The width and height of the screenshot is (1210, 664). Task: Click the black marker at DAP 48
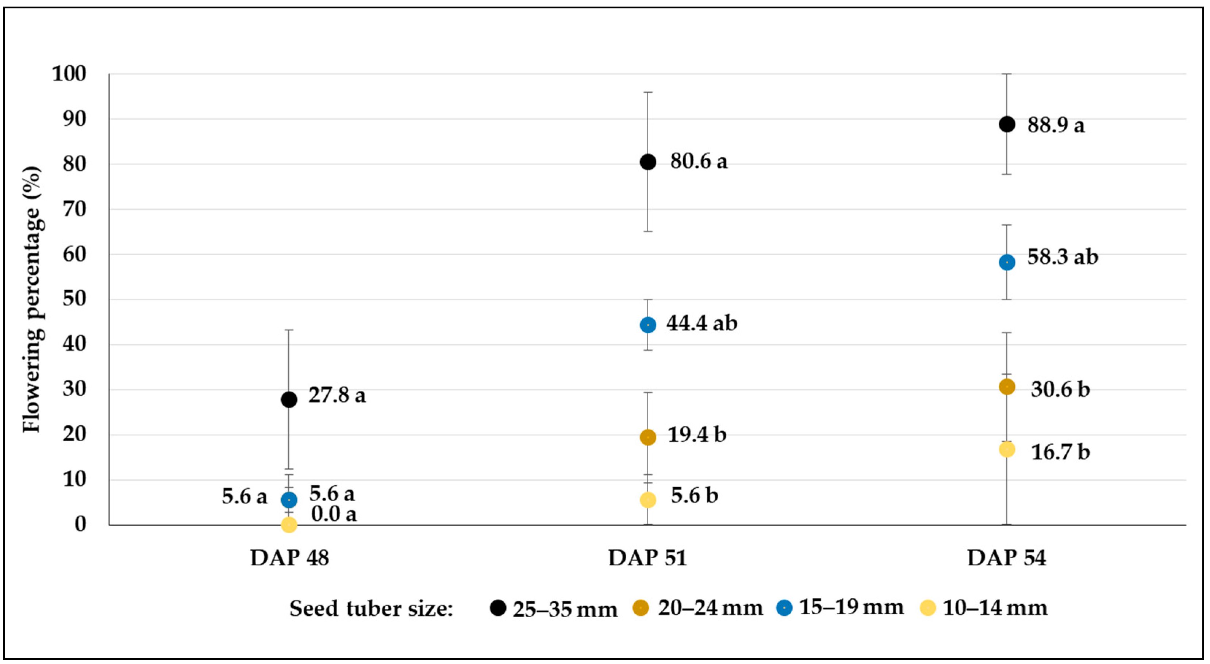click(289, 399)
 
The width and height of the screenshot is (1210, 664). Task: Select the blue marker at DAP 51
click(648, 325)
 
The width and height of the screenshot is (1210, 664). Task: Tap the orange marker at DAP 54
click(1007, 387)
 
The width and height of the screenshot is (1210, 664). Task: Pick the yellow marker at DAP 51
click(648, 499)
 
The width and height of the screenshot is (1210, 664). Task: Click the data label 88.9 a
click(1056, 125)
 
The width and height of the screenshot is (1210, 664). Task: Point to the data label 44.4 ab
click(702, 323)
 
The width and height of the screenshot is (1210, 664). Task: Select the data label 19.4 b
click(696, 435)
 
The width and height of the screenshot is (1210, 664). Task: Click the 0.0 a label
click(334, 514)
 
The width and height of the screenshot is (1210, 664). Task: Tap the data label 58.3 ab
click(1063, 257)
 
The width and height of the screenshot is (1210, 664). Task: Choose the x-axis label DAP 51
click(648, 558)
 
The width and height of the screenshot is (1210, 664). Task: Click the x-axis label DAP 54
click(1007, 558)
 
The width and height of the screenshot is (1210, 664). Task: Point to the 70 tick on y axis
click(75, 209)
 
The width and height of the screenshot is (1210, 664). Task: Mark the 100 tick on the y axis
click(69, 74)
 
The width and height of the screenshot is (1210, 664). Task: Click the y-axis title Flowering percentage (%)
click(32, 299)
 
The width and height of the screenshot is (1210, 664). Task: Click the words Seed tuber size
click(371, 609)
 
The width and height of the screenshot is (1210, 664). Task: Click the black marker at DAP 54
click(1007, 124)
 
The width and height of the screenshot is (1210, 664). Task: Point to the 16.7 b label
click(1060, 452)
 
